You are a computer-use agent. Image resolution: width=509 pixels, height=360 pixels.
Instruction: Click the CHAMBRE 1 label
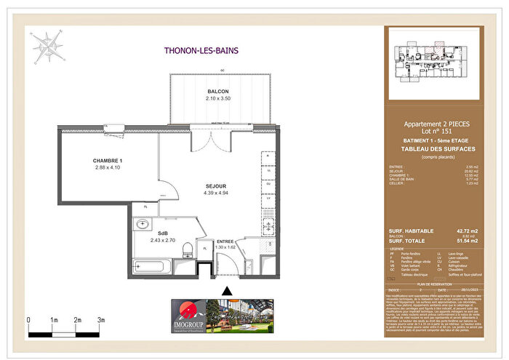click(108, 161)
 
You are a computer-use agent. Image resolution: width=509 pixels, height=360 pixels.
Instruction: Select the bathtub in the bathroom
click(153, 269)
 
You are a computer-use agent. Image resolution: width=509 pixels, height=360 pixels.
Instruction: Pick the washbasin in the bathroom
click(141, 225)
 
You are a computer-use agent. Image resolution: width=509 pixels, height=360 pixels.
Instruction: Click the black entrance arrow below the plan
click(227, 291)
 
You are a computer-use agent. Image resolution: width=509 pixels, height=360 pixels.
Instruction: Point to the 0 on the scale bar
click(28, 319)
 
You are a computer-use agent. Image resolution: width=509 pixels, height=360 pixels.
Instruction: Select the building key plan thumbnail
click(433, 64)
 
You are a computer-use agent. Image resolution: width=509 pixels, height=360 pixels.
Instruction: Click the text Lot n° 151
click(433, 132)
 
